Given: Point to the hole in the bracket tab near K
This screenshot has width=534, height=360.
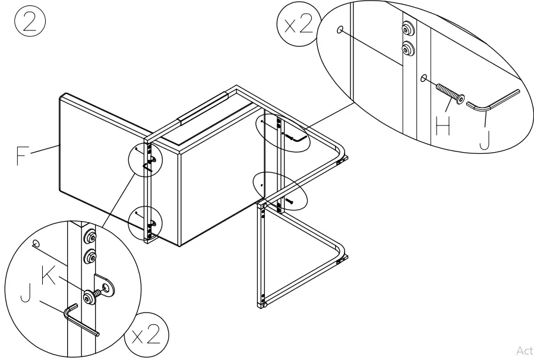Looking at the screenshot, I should click(x=108, y=288).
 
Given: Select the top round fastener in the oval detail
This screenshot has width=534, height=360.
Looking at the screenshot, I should click(x=408, y=28).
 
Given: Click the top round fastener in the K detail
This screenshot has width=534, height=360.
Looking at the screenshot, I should click(x=90, y=238).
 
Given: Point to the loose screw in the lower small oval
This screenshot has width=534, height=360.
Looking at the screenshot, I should click(x=289, y=201).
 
